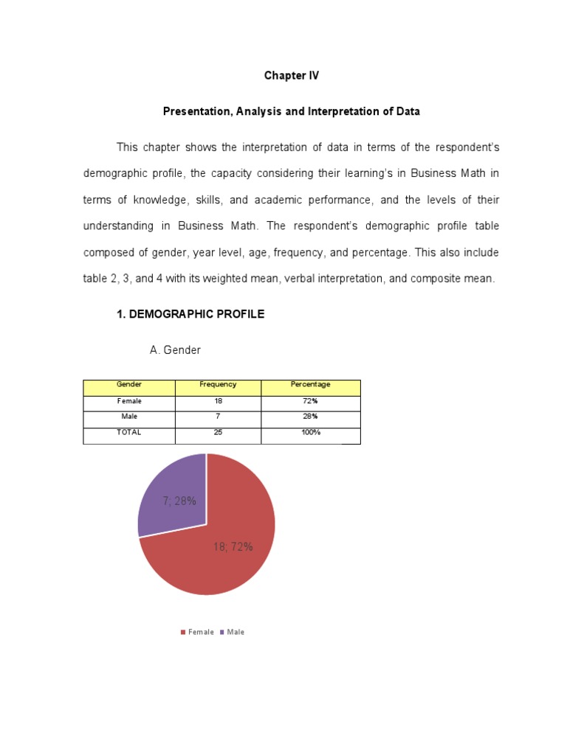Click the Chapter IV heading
click(x=292, y=76)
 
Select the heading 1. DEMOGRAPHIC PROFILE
click(x=190, y=314)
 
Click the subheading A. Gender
click(x=175, y=350)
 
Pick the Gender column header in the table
click(x=129, y=385)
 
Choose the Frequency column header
click(x=218, y=385)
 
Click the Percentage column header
click(x=310, y=385)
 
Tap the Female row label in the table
click(x=129, y=402)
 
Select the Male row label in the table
click(x=129, y=417)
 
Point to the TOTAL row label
click(x=129, y=433)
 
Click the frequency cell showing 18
click(x=218, y=402)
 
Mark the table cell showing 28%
click(x=310, y=417)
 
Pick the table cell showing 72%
click(x=310, y=402)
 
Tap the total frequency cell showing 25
click(x=218, y=433)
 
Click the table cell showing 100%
click(x=310, y=433)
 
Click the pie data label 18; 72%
click(x=233, y=547)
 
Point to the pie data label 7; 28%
click(x=179, y=501)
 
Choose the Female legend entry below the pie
click(x=197, y=633)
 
